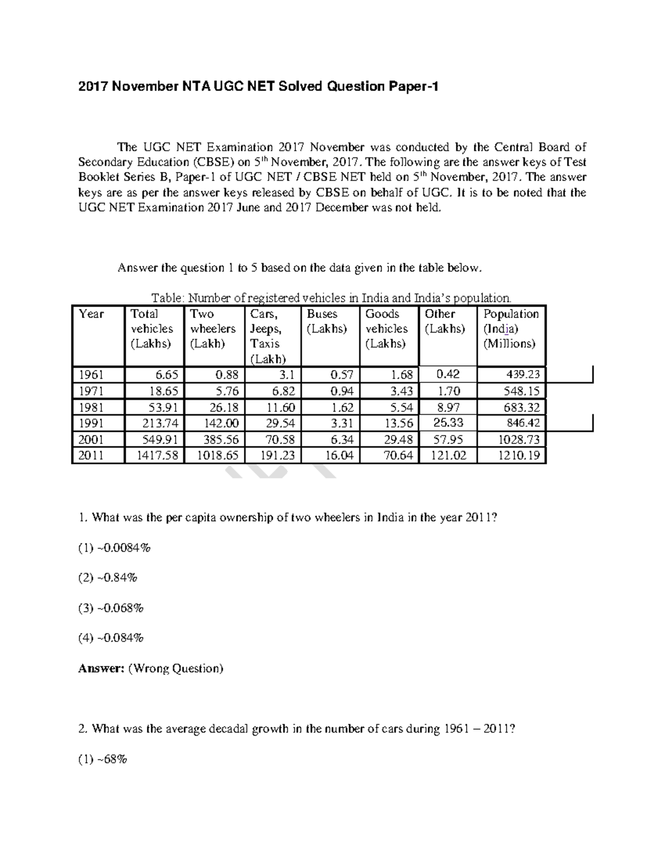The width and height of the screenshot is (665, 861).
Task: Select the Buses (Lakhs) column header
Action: tap(327, 322)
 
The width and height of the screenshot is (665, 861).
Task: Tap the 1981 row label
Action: tap(91, 407)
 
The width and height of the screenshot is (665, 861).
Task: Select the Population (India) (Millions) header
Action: tap(510, 329)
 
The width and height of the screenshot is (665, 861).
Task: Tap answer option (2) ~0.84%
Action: tap(108, 578)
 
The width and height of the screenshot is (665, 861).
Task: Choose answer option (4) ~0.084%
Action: tap(111, 638)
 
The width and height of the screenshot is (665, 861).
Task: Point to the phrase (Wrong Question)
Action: tap(176, 669)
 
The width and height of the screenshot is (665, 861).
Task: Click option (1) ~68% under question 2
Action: tap(103, 760)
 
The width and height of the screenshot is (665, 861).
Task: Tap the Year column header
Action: tap(91, 314)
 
